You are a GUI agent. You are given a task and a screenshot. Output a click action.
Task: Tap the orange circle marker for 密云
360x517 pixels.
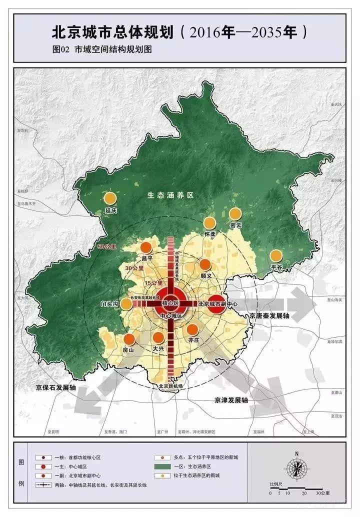click(x=235, y=214)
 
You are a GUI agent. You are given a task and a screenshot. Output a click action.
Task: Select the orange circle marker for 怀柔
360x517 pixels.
click(x=209, y=223)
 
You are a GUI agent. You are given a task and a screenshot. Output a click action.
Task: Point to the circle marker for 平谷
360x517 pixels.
click(x=276, y=256)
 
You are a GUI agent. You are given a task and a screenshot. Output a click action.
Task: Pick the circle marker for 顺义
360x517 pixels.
click(x=205, y=264)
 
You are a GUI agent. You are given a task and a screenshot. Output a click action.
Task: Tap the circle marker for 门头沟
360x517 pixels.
click(x=127, y=304)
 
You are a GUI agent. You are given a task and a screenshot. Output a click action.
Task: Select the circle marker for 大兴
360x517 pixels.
click(x=158, y=337)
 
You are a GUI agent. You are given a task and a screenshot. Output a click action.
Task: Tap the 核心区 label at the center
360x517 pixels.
click(x=170, y=303)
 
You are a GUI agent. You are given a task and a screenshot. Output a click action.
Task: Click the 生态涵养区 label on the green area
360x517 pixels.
click(x=170, y=195)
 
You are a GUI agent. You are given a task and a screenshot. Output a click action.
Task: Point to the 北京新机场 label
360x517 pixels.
click(x=170, y=386)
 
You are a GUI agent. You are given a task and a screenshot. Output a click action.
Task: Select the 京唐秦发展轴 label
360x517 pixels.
click(x=269, y=316)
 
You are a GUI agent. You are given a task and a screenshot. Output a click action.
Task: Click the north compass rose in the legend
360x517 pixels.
click(x=297, y=468)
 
